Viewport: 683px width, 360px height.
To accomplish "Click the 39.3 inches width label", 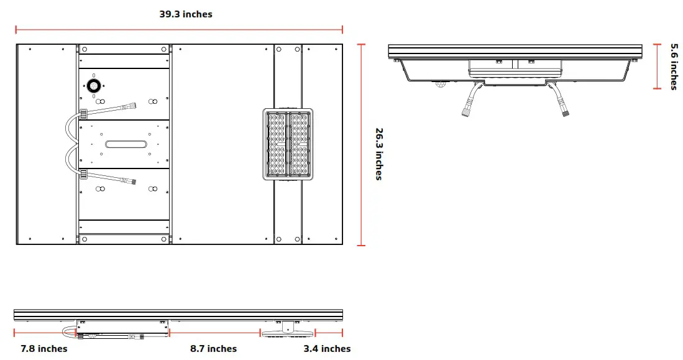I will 186,14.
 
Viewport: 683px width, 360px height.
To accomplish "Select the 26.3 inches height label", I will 378,154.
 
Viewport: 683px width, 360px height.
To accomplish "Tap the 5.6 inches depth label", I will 674,67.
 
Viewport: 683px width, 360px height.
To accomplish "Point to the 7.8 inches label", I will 44,349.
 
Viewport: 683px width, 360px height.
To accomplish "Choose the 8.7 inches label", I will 213,349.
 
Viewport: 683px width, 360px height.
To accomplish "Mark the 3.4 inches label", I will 327,349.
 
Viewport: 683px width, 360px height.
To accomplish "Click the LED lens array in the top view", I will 288,144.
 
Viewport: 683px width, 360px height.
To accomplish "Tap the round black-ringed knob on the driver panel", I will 94,85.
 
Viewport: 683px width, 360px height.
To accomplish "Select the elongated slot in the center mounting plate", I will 127,144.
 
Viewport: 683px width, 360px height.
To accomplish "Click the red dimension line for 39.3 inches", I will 179,29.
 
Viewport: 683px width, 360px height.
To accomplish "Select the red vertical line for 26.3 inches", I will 362,144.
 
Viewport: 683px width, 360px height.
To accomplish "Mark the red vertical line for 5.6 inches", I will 658,67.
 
